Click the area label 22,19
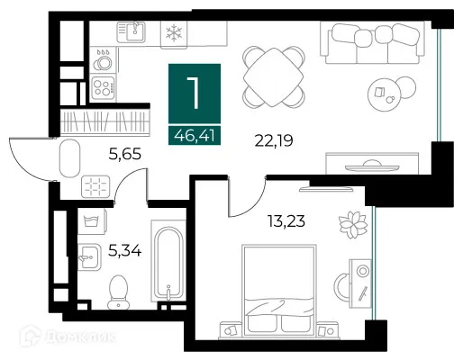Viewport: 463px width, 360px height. pyautogui.click(x=274, y=140)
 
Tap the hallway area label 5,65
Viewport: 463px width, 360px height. pyautogui.click(x=125, y=155)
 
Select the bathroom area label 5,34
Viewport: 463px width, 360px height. pyautogui.click(x=124, y=250)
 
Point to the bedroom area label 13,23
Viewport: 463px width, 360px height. pyautogui.click(x=286, y=221)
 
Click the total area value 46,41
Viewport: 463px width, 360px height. pyautogui.click(x=195, y=136)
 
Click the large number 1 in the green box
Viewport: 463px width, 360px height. pyautogui.click(x=194, y=93)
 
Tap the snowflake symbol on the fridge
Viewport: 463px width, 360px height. pyautogui.click(x=174, y=33)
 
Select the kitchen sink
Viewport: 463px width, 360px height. pyautogui.click(x=132, y=31)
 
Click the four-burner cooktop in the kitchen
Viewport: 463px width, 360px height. pyautogui.click(x=103, y=87)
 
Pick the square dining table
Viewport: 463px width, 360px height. pyautogui.click(x=273, y=77)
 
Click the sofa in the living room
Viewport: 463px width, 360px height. pyautogui.click(x=373, y=42)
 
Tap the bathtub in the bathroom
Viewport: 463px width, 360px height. pyautogui.click(x=168, y=261)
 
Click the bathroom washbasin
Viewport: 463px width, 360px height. pyautogui.click(x=89, y=257)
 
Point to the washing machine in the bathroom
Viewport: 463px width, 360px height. pyautogui.click(x=92, y=221)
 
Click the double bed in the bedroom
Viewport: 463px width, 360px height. pyautogui.click(x=279, y=291)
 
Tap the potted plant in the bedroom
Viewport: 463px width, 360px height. pyautogui.click(x=353, y=225)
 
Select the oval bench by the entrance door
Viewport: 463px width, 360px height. pyautogui.click(x=69, y=158)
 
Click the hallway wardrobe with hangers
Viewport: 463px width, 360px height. pyautogui.click(x=105, y=121)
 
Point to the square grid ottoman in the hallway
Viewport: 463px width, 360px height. pyautogui.click(x=95, y=186)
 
